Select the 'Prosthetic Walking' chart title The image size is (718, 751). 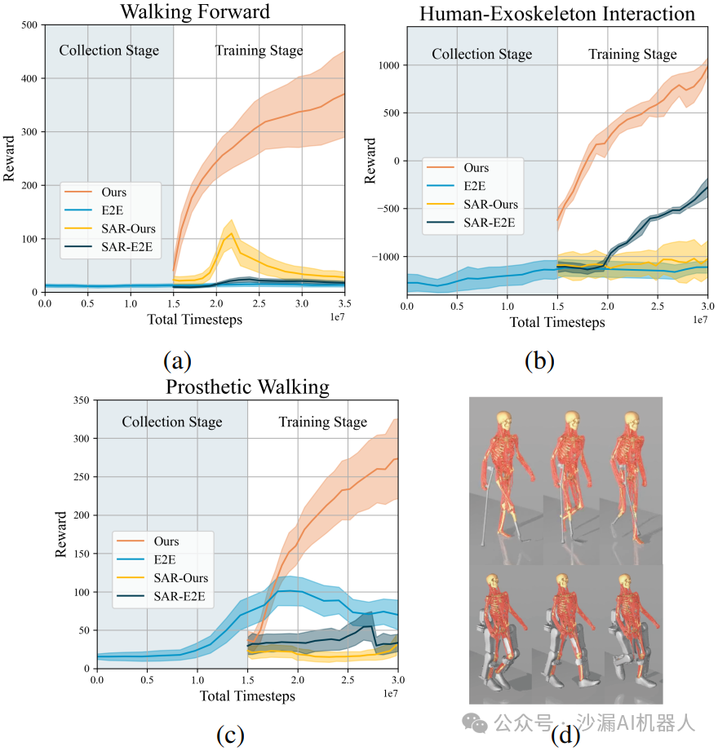[x=248, y=387]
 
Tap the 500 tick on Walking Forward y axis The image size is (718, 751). [x=29, y=25]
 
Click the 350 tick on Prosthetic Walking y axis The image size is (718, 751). [x=81, y=400]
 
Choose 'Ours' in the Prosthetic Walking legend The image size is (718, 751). [x=166, y=541]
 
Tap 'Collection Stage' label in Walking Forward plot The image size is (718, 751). [x=109, y=51]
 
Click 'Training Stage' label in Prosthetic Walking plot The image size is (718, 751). [x=322, y=422]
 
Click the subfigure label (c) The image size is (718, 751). [x=231, y=735]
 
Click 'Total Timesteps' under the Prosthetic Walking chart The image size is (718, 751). [x=248, y=696]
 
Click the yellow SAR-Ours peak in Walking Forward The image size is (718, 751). [x=232, y=234]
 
